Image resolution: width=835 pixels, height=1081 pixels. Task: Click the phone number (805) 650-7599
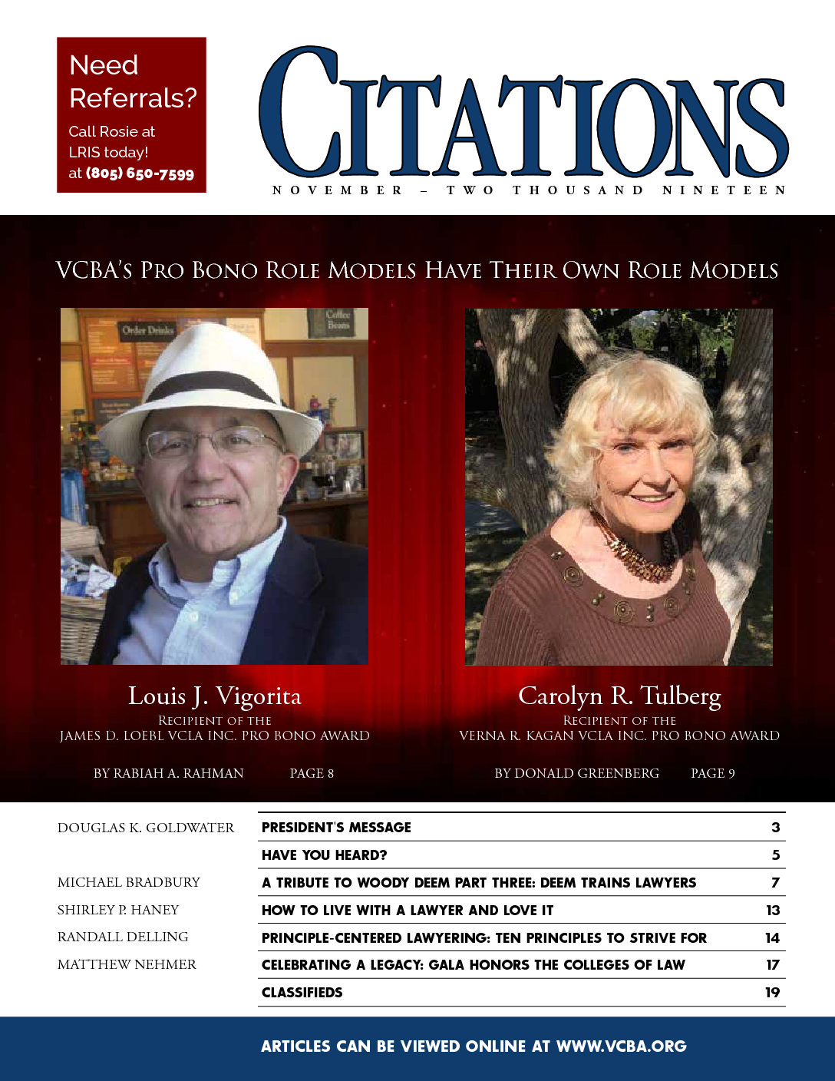pyautogui.click(x=140, y=174)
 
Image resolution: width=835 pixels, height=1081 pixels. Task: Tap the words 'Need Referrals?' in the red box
pyautogui.click(x=132, y=81)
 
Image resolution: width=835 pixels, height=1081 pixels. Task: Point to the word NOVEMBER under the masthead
pyautogui.click(x=337, y=190)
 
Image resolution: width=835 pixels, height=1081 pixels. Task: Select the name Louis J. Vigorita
pyautogui.click(x=214, y=696)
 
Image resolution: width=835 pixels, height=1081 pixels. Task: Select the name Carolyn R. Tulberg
pyautogui.click(x=619, y=696)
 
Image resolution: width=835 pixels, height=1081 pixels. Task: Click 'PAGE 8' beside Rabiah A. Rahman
pyautogui.click(x=312, y=773)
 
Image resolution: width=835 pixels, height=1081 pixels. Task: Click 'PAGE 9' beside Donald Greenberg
pyautogui.click(x=712, y=773)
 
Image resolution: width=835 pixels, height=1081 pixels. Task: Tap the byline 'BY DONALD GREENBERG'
pyautogui.click(x=576, y=773)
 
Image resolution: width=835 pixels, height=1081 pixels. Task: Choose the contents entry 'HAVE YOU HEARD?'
pyautogui.click(x=324, y=855)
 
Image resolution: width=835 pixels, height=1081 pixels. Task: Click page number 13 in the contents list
pyautogui.click(x=772, y=911)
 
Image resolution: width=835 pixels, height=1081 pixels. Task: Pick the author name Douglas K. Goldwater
pyautogui.click(x=146, y=828)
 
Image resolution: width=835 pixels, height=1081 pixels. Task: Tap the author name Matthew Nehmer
pyautogui.click(x=127, y=964)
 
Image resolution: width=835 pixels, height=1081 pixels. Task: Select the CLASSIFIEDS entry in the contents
pyautogui.click(x=302, y=992)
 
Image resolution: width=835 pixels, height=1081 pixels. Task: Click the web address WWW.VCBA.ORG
pyautogui.click(x=621, y=1046)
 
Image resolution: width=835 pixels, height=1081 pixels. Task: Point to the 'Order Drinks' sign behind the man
pyautogui.click(x=147, y=331)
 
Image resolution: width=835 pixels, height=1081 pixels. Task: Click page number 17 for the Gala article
pyautogui.click(x=772, y=965)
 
